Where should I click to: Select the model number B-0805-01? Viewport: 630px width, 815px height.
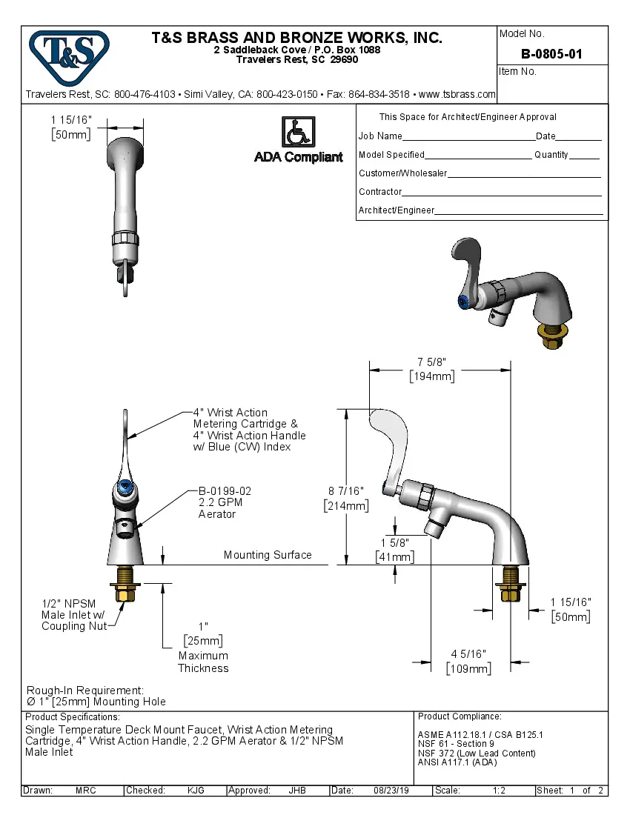tap(551, 54)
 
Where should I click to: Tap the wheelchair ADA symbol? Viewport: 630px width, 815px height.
tap(298, 132)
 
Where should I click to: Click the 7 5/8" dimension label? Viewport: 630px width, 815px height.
tap(431, 362)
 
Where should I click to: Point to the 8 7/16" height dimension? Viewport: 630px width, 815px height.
tap(346, 490)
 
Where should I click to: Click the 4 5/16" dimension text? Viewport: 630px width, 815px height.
tap(468, 653)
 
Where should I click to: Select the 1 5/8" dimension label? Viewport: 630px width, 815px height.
tap(394, 543)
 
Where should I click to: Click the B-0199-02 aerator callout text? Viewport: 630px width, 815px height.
tap(225, 491)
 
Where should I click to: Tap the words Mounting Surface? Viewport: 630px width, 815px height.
tap(268, 555)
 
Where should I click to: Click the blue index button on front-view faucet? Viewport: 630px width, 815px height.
tap(125, 488)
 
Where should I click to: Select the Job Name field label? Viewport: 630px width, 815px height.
tap(380, 136)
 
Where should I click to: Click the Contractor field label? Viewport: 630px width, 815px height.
tap(380, 192)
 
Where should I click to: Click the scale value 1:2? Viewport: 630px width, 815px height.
tap(499, 791)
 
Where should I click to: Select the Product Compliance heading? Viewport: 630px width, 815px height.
tap(460, 716)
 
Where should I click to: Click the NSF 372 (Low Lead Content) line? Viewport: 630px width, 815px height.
tap(477, 754)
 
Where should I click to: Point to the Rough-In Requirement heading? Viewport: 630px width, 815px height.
tap(85, 690)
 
